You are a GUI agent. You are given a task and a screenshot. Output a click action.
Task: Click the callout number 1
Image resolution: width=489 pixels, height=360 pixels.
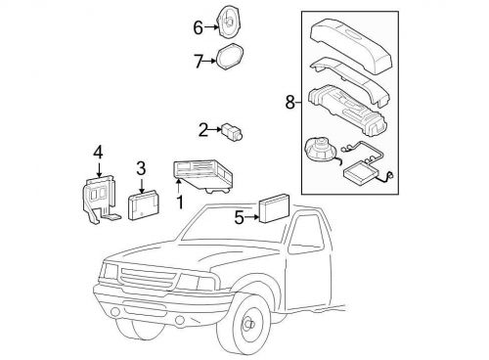coord(179,202)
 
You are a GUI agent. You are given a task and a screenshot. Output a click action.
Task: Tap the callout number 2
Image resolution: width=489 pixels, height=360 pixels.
coord(202,128)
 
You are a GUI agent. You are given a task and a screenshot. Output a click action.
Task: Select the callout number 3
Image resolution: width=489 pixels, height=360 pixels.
coord(141,167)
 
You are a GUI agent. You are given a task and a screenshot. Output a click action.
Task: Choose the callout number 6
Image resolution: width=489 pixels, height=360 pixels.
coord(197,27)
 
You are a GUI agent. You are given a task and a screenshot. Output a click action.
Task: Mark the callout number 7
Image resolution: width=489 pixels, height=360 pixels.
coord(198,62)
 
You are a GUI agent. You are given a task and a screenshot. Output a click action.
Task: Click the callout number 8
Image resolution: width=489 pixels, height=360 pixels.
coord(289,101)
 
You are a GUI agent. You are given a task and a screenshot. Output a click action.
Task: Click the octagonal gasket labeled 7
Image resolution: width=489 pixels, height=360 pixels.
coord(228,59)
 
